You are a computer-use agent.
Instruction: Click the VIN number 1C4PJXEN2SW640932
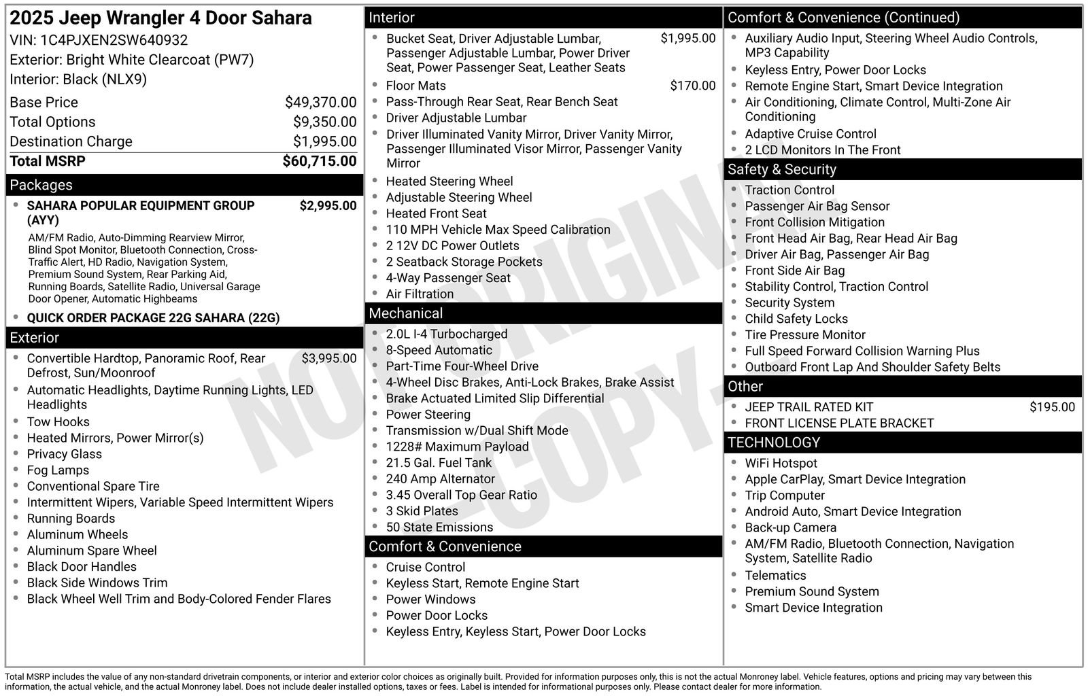pyautogui.click(x=114, y=40)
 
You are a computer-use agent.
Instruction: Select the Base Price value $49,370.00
pyautogui.click(x=320, y=103)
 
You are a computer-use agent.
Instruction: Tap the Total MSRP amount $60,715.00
pyautogui.click(x=319, y=161)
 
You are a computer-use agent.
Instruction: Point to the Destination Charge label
pyautogui.click(x=71, y=141)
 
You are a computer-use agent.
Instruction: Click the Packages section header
pyautogui.click(x=41, y=185)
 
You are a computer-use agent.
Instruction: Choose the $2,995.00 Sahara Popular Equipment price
pyautogui.click(x=328, y=205)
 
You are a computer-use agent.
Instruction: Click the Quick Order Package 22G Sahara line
pyautogui.click(x=153, y=317)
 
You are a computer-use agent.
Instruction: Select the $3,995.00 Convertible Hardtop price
pyautogui.click(x=328, y=358)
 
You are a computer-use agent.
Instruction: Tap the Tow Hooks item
pyautogui.click(x=58, y=421)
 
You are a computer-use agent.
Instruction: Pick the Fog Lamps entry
pyautogui.click(x=58, y=470)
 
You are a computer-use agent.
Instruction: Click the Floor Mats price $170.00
pyautogui.click(x=692, y=86)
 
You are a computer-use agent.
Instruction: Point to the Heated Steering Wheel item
pyautogui.click(x=449, y=181)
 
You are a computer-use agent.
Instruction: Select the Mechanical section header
pyautogui.click(x=405, y=313)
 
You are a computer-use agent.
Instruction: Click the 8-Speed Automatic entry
pyautogui.click(x=439, y=350)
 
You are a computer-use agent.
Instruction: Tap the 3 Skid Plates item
pyautogui.click(x=422, y=511)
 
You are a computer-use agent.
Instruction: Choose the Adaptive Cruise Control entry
pyautogui.click(x=810, y=134)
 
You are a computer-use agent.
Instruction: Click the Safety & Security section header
pyautogui.click(x=781, y=169)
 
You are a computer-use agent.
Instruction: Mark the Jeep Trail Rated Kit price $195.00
pyautogui.click(x=1051, y=407)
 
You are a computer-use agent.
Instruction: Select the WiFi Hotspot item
pyautogui.click(x=781, y=463)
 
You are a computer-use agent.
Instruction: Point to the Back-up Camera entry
pyautogui.click(x=790, y=527)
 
